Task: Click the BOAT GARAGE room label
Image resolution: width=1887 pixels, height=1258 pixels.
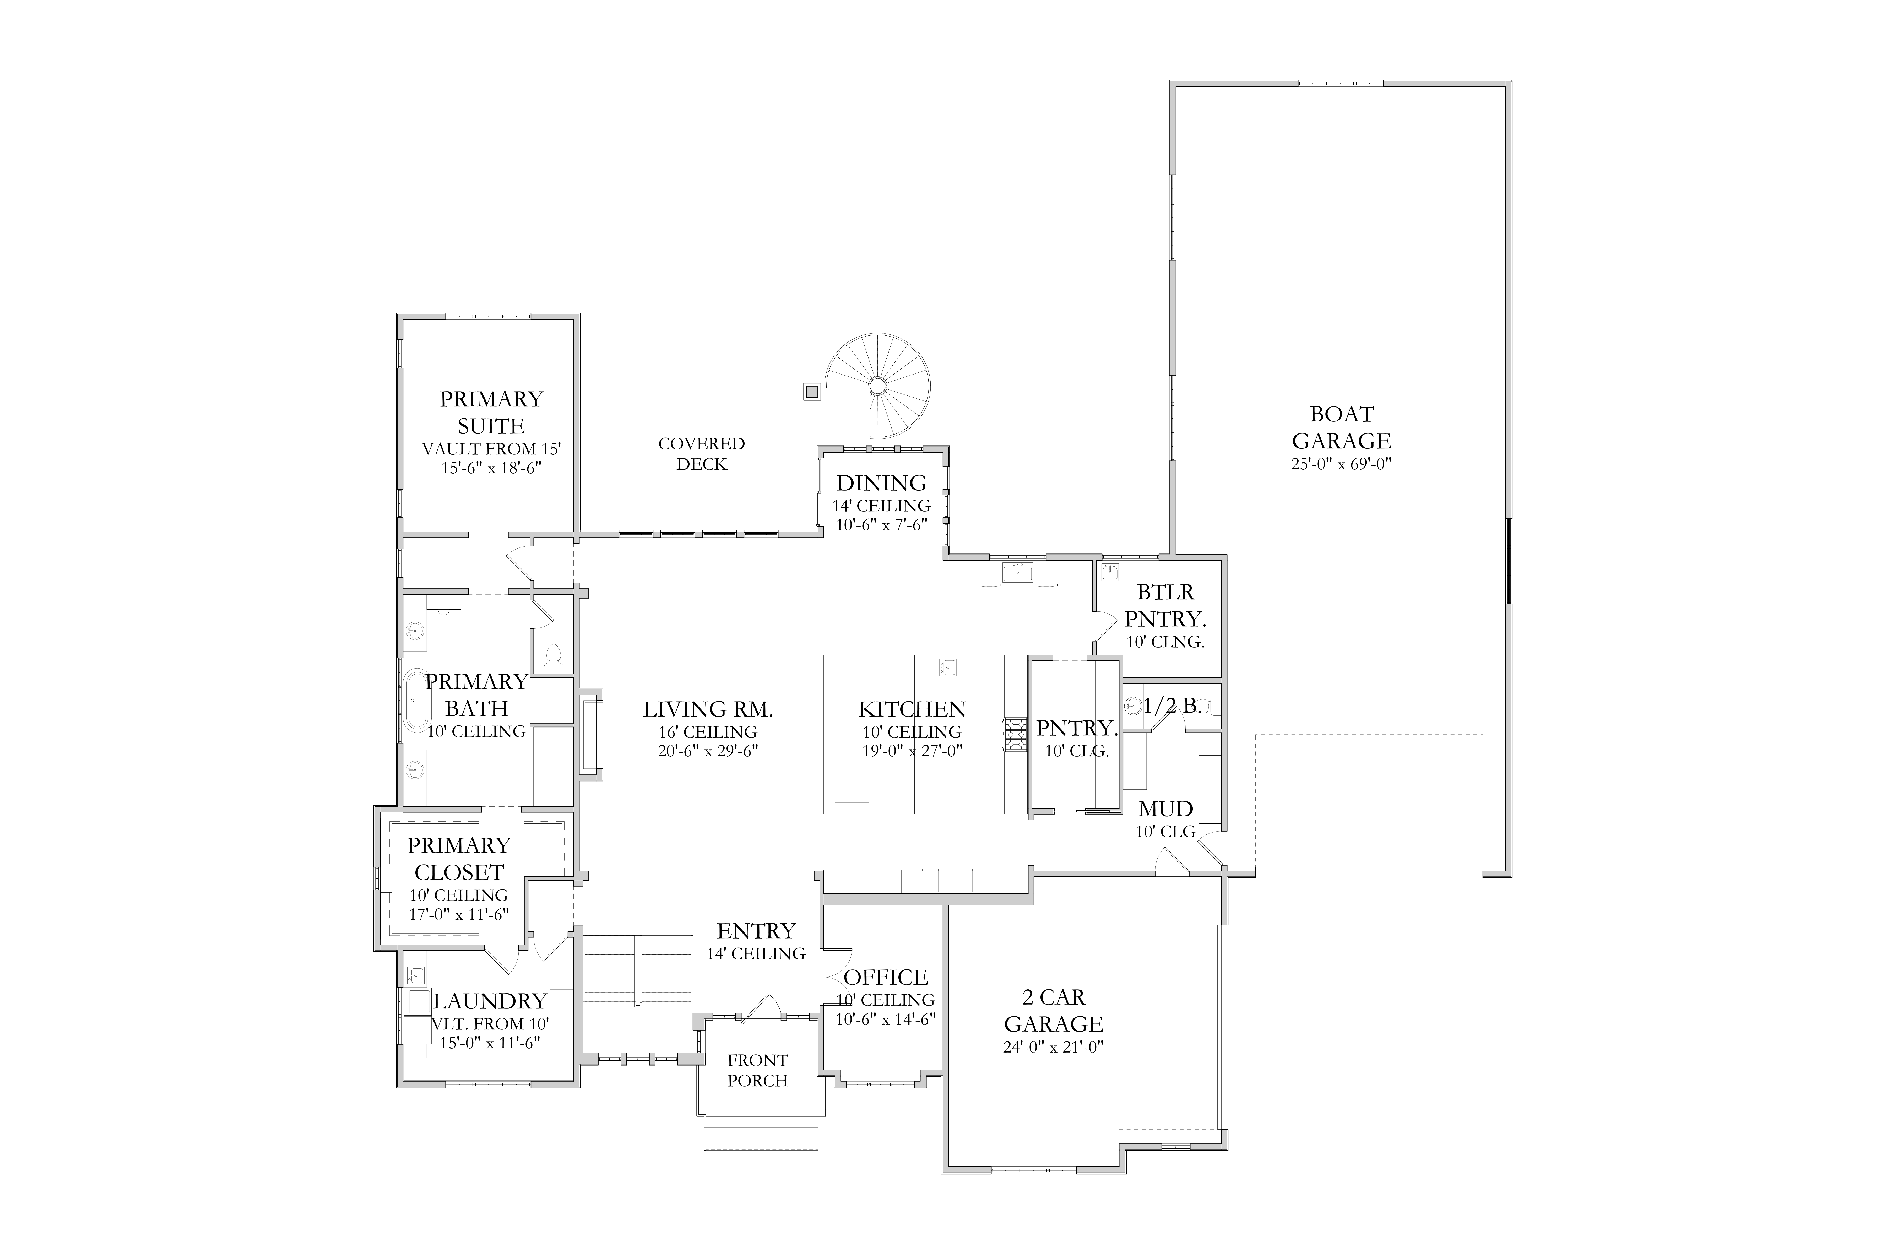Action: pos(1341,428)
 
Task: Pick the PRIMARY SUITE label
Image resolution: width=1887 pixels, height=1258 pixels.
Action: pos(491,412)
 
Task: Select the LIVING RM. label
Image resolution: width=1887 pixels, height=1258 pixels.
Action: pos(708,709)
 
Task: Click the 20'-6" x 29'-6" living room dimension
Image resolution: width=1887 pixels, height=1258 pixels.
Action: pos(708,751)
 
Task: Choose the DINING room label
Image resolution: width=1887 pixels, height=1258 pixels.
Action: pos(881,483)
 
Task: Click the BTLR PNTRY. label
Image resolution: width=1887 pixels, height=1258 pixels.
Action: pos(1166,606)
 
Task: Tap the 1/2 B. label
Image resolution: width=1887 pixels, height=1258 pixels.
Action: pos(1172,706)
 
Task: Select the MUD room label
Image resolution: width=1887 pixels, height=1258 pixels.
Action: pos(1166,809)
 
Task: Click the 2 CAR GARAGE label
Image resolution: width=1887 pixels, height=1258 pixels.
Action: pos(1053,1011)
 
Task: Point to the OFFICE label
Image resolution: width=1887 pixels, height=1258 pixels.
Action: pos(886,977)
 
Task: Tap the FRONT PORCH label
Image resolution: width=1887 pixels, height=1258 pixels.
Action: pos(757,1070)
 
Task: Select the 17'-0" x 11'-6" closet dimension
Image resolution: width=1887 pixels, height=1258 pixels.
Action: pos(459,914)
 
